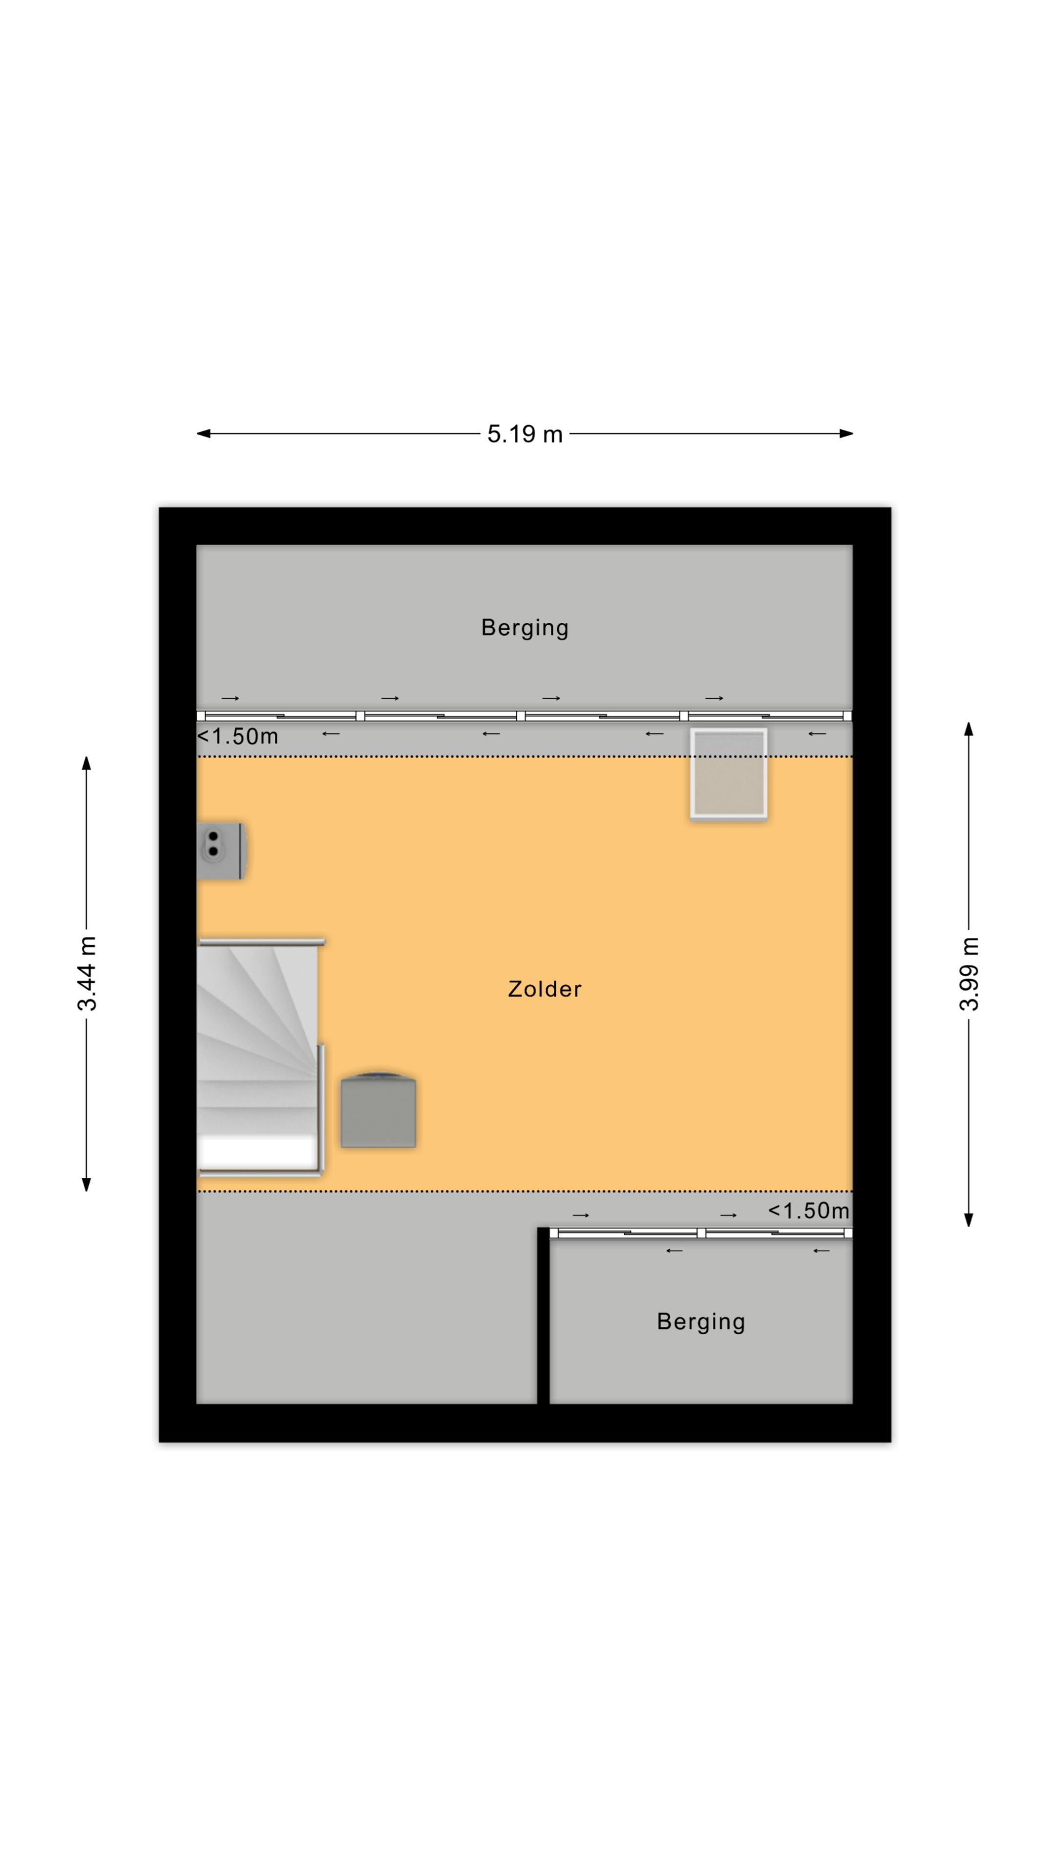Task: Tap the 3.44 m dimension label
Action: [86, 973]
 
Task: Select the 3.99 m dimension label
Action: [969, 973]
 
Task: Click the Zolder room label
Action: [545, 989]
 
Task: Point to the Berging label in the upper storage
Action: [525, 628]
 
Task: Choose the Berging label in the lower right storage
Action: [701, 1322]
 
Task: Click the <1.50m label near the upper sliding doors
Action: [238, 736]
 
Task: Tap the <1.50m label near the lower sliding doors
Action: [809, 1211]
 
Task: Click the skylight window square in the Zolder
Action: [729, 773]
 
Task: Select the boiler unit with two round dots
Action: [221, 851]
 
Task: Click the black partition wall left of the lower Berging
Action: [543, 1315]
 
